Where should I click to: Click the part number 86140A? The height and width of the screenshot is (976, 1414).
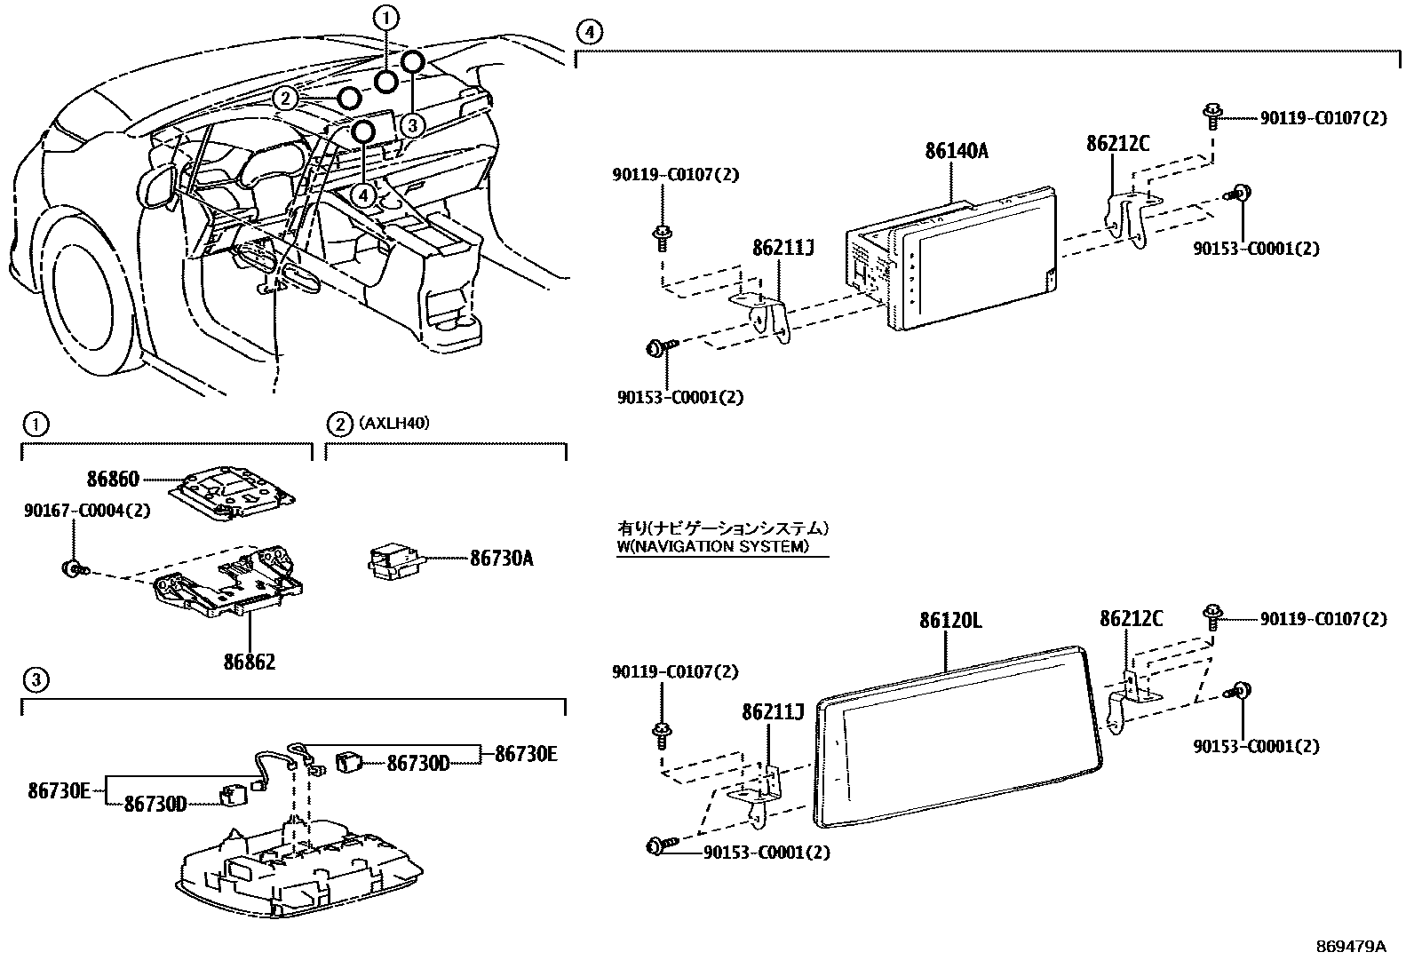pos(956,151)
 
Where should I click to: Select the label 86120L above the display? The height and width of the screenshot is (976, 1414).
pos(949,620)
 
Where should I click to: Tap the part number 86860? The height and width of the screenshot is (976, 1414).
pos(113,480)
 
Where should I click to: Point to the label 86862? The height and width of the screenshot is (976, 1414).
pos(249,662)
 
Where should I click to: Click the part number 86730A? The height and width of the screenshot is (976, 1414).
pos(502,559)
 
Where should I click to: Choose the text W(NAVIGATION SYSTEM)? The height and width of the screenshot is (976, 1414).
pos(713,547)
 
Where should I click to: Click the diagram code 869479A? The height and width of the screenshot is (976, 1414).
pos(1350,946)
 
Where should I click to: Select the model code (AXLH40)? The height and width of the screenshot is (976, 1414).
pos(394,424)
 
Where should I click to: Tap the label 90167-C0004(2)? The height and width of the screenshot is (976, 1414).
pos(87,511)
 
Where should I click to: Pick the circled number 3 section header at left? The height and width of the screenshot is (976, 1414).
pos(34,681)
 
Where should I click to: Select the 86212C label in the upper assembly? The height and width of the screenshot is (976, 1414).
pos(1117,143)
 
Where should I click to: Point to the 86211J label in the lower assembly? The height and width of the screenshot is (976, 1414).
pos(773,711)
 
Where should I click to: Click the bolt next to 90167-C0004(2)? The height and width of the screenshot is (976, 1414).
pos(71,567)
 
